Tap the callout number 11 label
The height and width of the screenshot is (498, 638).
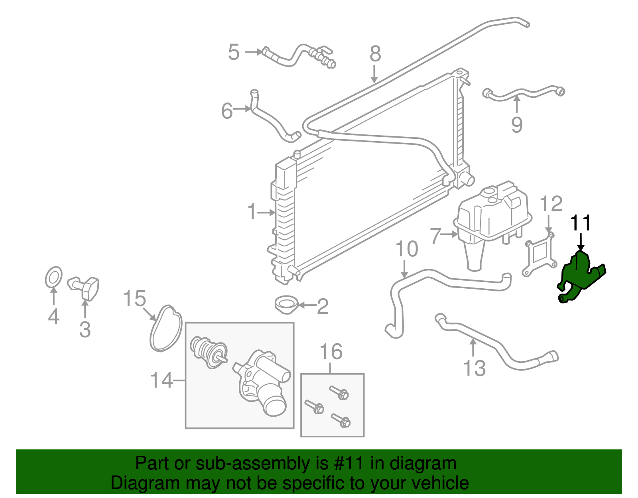[581, 223]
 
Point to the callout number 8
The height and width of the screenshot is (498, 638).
[375, 53]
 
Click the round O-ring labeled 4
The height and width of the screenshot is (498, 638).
[53, 277]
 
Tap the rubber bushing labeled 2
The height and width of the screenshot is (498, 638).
[286, 305]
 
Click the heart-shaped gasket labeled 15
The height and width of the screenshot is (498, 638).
[166, 329]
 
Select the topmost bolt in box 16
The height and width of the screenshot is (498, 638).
[339, 392]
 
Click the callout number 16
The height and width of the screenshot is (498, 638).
[331, 352]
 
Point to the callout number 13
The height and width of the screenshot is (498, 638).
[475, 368]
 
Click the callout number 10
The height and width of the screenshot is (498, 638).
[406, 249]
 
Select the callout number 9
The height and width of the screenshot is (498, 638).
[517, 125]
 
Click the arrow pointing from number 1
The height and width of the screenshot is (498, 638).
[266, 213]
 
